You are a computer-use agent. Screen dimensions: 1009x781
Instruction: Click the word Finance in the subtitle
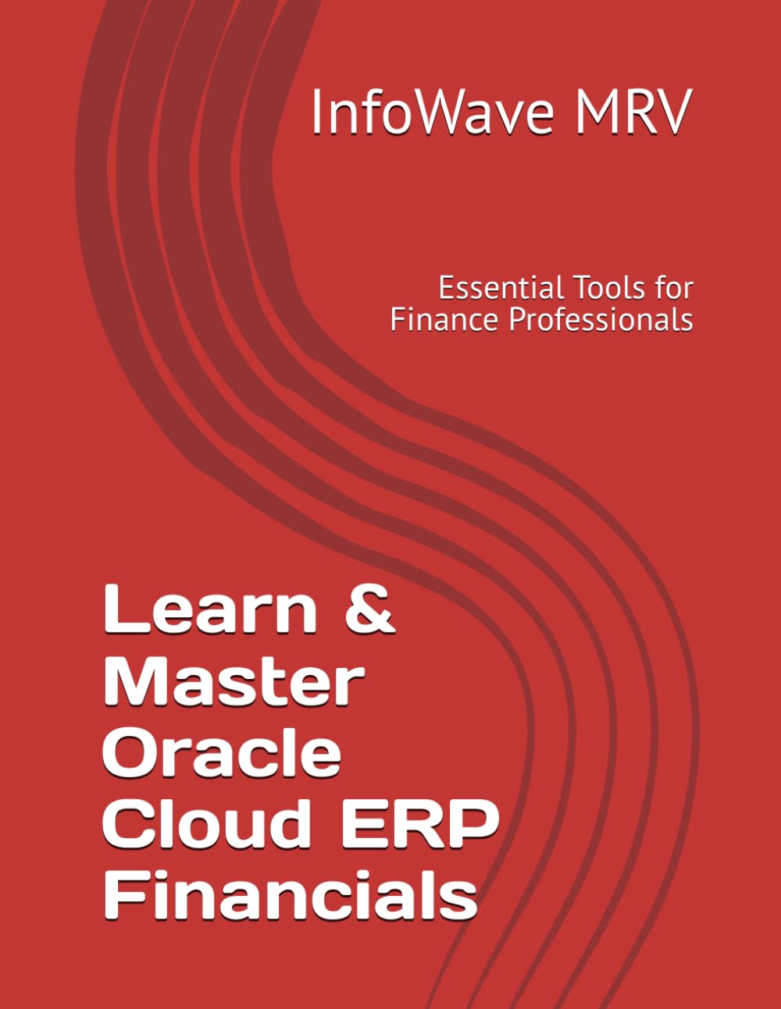[437, 319]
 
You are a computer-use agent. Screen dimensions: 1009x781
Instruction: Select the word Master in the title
[234, 681]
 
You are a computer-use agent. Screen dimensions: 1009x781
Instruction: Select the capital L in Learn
[119, 609]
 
